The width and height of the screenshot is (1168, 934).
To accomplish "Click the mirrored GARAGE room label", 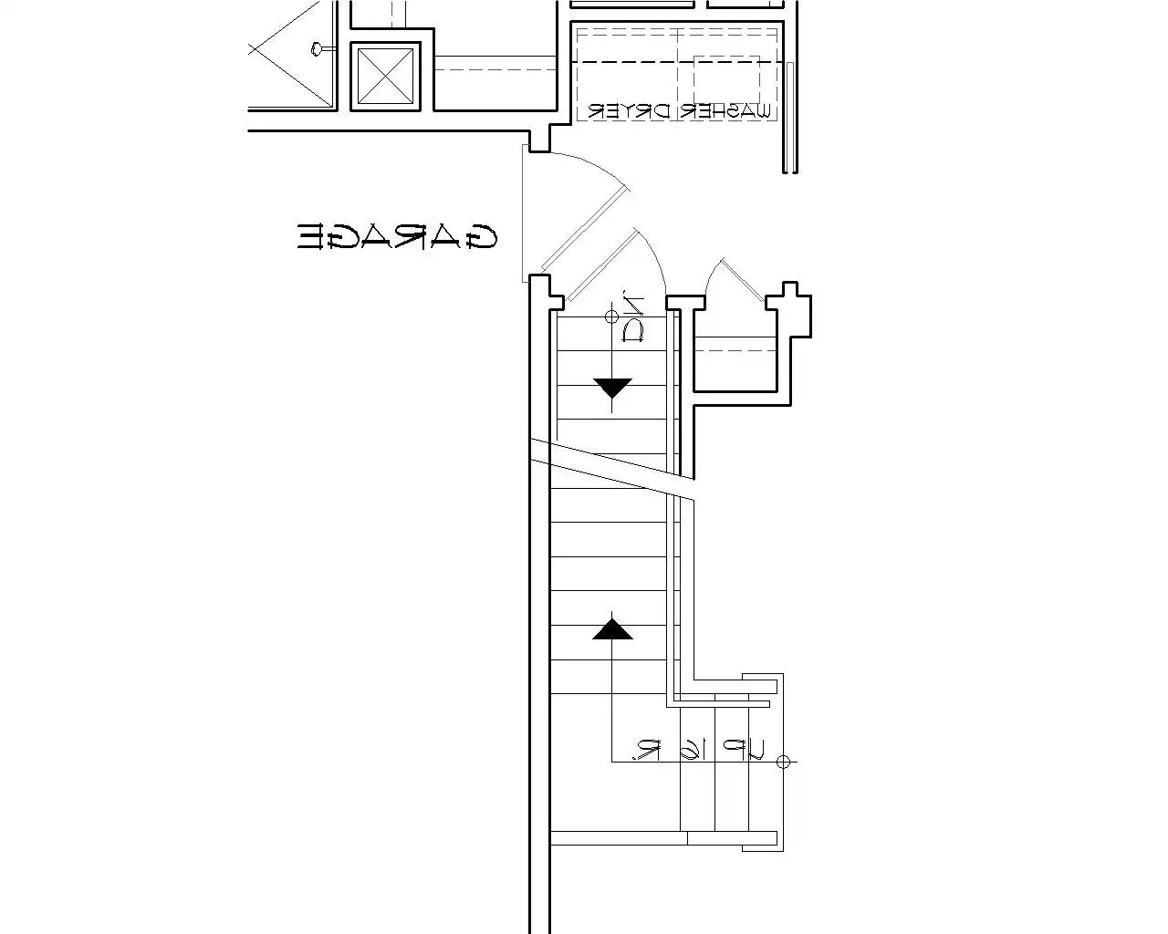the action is (x=398, y=236).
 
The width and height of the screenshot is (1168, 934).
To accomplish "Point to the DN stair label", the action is (x=632, y=317).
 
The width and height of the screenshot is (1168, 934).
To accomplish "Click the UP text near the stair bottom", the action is (x=742, y=751).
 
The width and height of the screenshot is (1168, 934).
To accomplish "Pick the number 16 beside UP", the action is (x=692, y=750).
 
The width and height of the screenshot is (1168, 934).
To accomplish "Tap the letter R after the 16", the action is (x=648, y=750).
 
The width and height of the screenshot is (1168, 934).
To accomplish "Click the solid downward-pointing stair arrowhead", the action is (x=612, y=388).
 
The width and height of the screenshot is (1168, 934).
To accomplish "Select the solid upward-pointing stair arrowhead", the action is (x=612, y=629).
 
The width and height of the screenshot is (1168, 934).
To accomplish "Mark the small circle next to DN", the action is (x=611, y=317).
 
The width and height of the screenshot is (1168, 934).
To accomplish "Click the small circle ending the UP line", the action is (x=782, y=762).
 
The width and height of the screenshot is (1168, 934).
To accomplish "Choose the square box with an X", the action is (x=386, y=77).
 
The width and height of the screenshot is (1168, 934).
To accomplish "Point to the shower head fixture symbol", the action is (x=317, y=48).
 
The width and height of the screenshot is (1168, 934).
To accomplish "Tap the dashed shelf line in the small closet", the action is (x=735, y=348).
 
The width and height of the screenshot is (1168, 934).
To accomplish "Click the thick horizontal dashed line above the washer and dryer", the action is (x=675, y=62).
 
